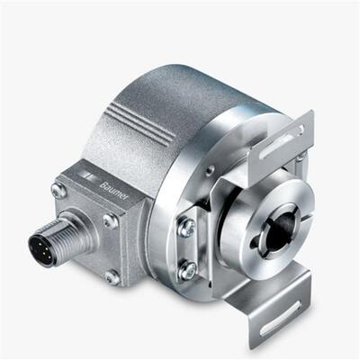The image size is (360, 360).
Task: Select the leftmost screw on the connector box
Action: pyautogui.click(x=58, y=189)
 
